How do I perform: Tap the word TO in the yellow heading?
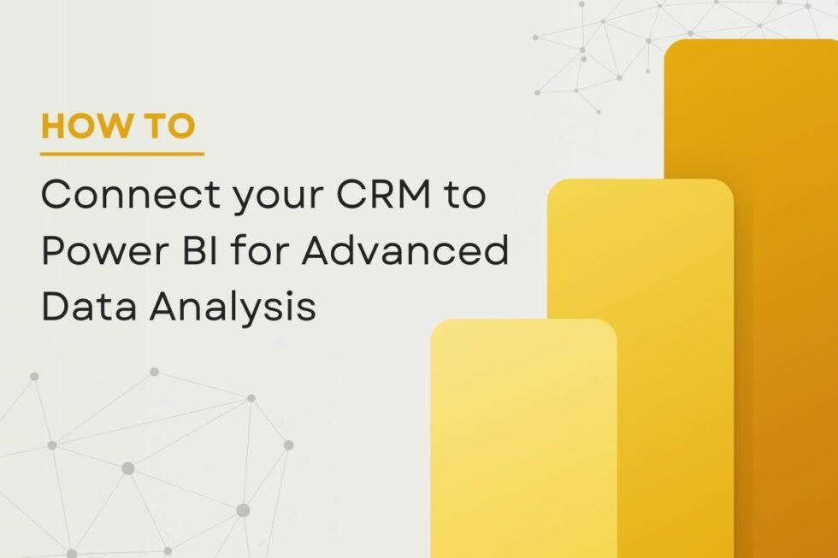tap(169, 126)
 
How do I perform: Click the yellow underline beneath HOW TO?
tap(122, 155)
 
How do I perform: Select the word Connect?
tap(116, 196)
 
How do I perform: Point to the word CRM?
tap(366, 196)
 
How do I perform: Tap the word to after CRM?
tap(464, 197)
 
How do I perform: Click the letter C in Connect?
tap(56, 196)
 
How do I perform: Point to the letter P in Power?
tap(53, 252)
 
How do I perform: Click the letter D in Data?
tap(54, 308)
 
